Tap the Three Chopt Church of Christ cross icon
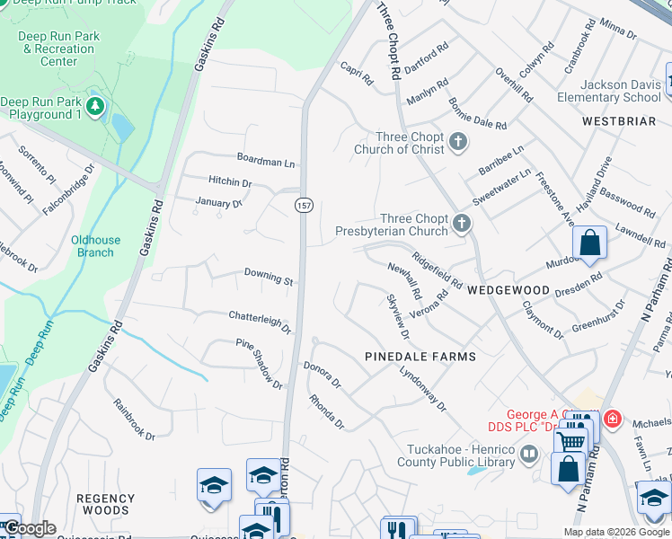458,140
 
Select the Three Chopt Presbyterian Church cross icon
462,222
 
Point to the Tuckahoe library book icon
528,455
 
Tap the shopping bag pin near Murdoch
589,243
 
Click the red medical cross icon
612,419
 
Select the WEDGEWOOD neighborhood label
508,290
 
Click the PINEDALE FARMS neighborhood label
420,357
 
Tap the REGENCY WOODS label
105,504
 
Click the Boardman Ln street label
265,162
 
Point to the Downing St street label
269,277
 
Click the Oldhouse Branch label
95,246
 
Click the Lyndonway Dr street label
422,389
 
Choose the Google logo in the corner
31,528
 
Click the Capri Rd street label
357,74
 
